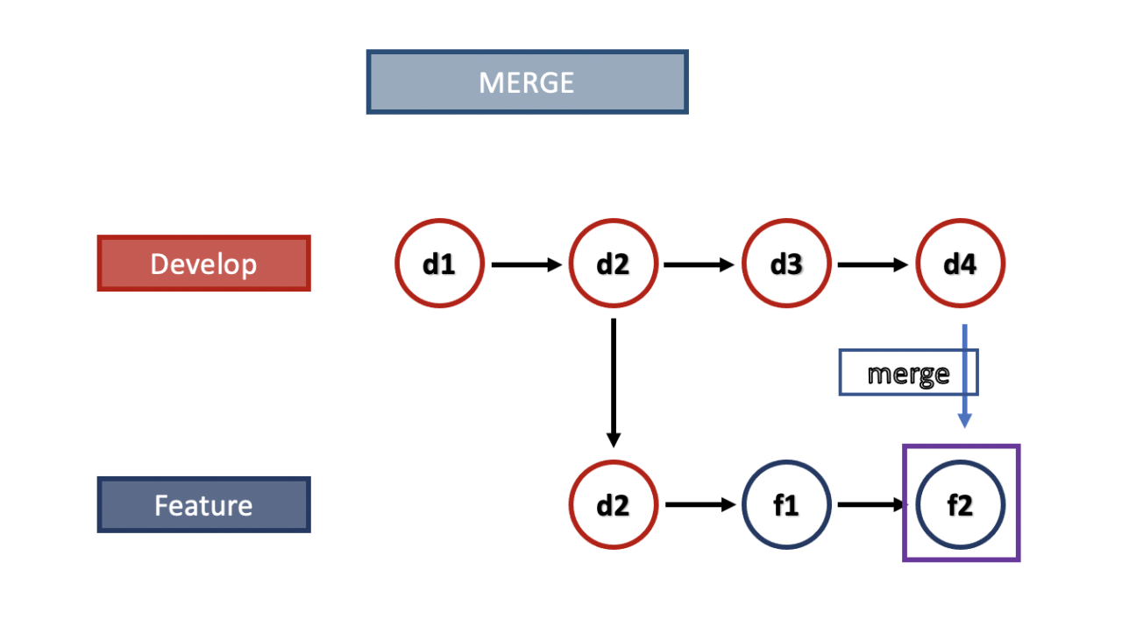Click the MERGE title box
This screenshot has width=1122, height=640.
coord(527,82)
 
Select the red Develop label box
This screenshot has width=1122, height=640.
coord(203,264)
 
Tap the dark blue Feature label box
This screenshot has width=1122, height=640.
coord(203,505)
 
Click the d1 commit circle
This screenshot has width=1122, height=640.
coord(439,264)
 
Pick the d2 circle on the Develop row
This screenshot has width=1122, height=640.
coord(613,264)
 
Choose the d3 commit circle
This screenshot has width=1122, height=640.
coord(786,264)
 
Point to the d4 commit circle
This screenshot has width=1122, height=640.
coord(960,264)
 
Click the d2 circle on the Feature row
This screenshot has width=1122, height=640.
coord(613,505)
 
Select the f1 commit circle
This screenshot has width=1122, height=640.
coord(786,505)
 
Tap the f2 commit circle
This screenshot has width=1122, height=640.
coord(960,505)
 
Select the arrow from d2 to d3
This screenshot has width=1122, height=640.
coord(699,264)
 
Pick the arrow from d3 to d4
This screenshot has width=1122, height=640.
coord(873,264)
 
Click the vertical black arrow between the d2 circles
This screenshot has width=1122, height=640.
coord(614,382)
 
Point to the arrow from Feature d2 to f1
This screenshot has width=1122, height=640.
coord(699,505)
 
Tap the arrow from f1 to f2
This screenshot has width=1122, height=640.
coord(871,505)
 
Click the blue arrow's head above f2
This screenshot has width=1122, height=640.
coord(964,421)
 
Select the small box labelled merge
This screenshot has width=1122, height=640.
coord(907,373)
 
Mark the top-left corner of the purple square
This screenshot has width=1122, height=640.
coord(905,447)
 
